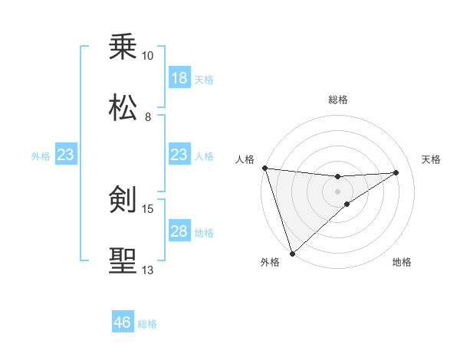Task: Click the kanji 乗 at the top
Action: tap(123, 47)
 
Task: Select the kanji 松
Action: tap(123, 108)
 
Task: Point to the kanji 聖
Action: tap(123, 260)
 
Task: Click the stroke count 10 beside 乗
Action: tap(147, 56)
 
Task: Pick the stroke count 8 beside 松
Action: tap(148, 116)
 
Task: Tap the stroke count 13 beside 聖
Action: tap(148, 270)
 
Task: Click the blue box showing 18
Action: tap(179, 78)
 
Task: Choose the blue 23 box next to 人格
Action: tap(179, 155)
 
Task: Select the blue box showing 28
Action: tap(179, 231)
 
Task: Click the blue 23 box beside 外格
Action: tap(66, 155)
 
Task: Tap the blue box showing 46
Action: tap(123, 322)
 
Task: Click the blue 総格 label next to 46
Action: tap(147, 324)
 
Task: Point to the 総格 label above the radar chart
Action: tap(337, 100)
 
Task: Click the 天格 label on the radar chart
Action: tap(432, 159)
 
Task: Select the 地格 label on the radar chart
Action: tap(402, 262)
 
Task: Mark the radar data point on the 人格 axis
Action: tap(264, 168)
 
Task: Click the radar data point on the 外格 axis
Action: tap(292, 253)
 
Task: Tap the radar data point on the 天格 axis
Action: tap(396, 172)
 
